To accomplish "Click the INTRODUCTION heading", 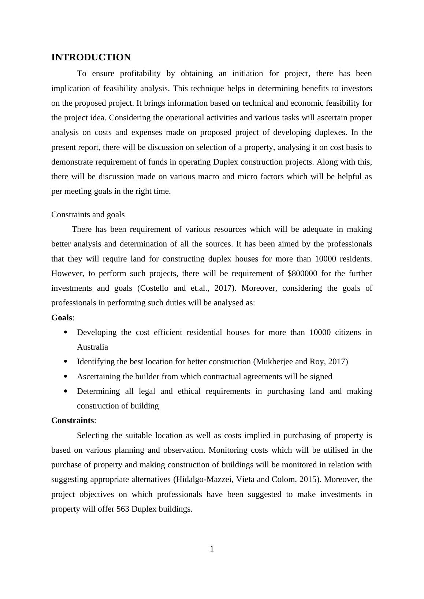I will point(91,57).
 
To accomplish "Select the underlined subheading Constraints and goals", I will point(88,215).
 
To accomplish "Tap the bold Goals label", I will point(62,318).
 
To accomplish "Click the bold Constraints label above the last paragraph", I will point(73,421).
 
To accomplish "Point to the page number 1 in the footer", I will point(212,549).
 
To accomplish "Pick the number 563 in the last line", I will point(123,509).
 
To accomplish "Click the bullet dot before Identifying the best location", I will point(66,362).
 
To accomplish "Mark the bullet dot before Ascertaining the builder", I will point(66,376).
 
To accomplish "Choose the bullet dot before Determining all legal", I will point(66,391).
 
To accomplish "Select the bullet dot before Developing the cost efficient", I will point(66,332).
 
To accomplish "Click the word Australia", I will point(92,347).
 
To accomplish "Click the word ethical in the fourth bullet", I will point(189,391).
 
